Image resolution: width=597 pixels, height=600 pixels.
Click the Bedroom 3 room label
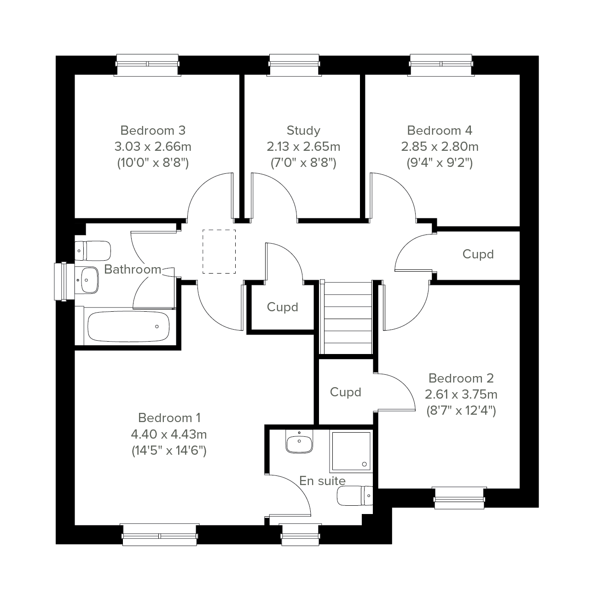pos(153,131)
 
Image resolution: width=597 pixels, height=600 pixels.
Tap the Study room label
pos(303,131)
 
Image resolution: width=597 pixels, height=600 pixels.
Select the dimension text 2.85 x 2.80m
pos(440,147)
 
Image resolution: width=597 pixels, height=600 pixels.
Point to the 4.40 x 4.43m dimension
pos(168,434)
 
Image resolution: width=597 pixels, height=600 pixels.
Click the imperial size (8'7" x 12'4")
pos(461,411)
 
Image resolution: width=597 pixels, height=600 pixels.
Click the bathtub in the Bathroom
pos(128,326)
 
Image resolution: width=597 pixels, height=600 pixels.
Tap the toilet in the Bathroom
pos(93,251)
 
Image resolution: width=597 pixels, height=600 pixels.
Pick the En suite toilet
pos(355,496)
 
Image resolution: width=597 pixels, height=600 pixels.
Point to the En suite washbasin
pos(299,441)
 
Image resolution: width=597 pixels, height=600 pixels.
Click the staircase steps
pos(348,318)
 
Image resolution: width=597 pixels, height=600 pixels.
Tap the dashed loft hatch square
pos(219,251)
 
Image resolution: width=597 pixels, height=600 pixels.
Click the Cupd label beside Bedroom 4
pos(478,255)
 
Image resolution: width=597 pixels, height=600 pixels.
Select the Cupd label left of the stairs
pos(283,308)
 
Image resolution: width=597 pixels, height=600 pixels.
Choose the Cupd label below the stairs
pos(345,393)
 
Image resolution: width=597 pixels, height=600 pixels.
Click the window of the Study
pos(294,65)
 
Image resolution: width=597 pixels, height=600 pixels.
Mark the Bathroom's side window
pos(64,281)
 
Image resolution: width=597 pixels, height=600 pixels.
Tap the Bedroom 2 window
pos(459,498)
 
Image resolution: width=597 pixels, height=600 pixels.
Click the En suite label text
pos(322,481)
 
